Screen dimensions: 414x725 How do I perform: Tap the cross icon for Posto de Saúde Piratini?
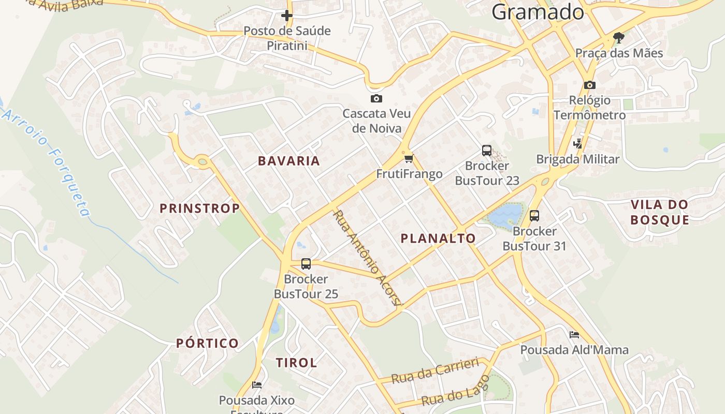pyautogui.click(x=286, y=16)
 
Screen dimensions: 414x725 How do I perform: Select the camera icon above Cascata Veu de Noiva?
pyautogui.click(x=376, y=98)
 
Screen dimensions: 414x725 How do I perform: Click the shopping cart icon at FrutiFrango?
pyautogui.click(x=409, y=158)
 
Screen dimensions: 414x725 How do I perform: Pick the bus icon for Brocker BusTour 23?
pyautogui.click(x=487, y=151)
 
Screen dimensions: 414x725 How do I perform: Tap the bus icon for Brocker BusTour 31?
pyautogui.click(x=534, y=216)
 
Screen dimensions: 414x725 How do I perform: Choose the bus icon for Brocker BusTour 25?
pyautogui.click(x=306, y=264)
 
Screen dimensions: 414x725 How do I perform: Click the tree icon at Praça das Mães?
pyautogui.click(x=618, y=37)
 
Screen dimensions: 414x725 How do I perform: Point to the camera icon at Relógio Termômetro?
pyautogui.click(x=589, y=85)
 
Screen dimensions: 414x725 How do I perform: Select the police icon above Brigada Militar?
pyautogui.click(x=578, y=144)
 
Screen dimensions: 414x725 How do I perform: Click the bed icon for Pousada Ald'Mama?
pyautogui.click(x=574, y=335)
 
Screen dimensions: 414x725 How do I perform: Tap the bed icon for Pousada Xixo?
pyautogui.click(x=257, y=385)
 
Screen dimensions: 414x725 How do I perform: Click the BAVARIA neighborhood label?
pyautogui.click(x=289, y=161)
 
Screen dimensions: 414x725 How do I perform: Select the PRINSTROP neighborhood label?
pyautogui.click(x=199, y=209)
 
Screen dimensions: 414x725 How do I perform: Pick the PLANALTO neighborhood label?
pyautogui.click(x=438, y=238)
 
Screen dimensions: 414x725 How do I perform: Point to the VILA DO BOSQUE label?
pyautogui.click(x=660, y=212)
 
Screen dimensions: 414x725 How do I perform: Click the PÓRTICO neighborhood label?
pyautogui.click(x=207, y=343)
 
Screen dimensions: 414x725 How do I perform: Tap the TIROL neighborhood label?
pyautogui.click(x=296, y=363)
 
